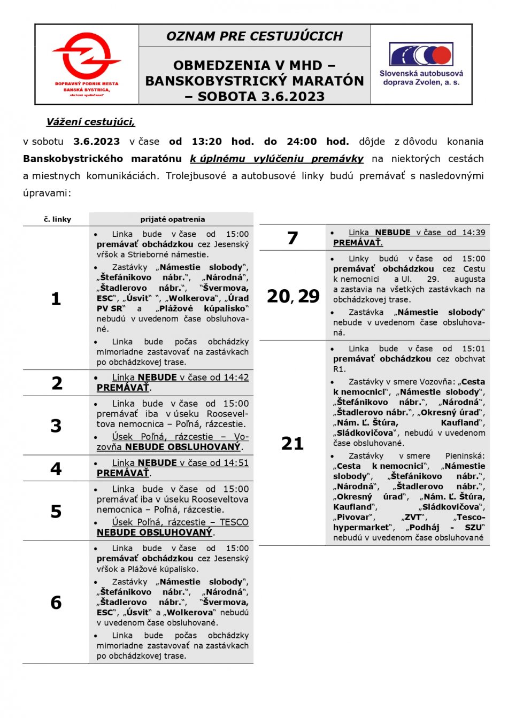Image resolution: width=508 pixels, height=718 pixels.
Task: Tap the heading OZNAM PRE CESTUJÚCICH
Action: [255, 36]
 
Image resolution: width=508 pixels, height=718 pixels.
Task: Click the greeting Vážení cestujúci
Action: [90, 122]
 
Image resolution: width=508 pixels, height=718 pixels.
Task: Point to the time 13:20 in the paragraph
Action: [206, 142]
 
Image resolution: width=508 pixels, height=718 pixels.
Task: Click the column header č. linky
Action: [57, 219]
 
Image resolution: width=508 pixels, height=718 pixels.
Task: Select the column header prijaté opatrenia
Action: [172, 219]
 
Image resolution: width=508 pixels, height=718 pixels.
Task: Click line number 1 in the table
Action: [56, 299]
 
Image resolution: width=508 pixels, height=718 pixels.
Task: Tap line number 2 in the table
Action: [57, 383]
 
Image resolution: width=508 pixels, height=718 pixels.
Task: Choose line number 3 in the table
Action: [56, 426]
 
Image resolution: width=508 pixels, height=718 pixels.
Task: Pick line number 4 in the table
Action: [56, 469]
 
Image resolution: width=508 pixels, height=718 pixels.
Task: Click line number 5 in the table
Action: [56, 512]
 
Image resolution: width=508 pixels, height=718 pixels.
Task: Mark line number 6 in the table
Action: [56, 603]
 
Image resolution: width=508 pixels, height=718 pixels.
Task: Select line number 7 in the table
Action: [293, 238]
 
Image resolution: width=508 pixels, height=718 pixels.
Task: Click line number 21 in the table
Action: [293, 443]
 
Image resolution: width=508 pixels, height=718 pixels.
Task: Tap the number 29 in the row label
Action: [309, 296]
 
